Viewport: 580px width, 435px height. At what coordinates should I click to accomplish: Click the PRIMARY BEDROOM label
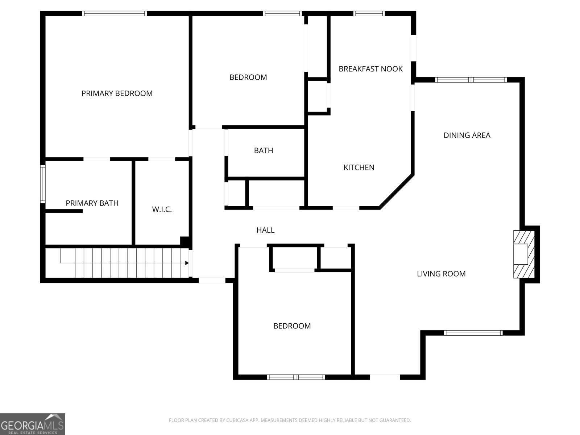[x=117, y=93]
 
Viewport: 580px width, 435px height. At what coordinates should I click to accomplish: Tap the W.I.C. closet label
[x=162, y=209]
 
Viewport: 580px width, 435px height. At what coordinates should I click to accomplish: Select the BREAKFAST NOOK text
[x=370, y=69]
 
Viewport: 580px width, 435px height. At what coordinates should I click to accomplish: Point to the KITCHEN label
[x=359, y=167]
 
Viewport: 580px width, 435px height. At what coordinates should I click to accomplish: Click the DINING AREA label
[x=467, y=135]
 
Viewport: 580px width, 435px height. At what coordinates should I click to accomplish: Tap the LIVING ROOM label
[x=441, y=274]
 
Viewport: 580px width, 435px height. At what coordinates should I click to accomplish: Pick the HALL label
[x=265, y=230]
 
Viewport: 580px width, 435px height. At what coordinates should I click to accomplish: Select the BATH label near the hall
[x=264, y=150]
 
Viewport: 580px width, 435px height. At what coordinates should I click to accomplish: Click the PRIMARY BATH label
[x=92, y=203]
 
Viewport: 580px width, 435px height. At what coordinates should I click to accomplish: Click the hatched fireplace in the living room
[x=523, y=254]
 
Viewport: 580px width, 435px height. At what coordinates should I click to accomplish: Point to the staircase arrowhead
[x=187, y=263]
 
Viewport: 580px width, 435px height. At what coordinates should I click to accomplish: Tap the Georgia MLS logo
[x=33, y=424]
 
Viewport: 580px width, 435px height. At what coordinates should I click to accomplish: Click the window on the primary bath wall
[x=43, y=183]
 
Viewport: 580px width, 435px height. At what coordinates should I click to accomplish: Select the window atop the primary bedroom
[x=115, y=14]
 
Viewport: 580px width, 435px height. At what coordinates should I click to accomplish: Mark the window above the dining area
[x=471, y=80]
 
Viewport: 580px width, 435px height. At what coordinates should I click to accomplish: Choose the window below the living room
[x=473, y=333]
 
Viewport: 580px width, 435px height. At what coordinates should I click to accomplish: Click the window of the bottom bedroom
[x=296, y=377]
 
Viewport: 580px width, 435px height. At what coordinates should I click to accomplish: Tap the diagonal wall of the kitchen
[x=396, y=191]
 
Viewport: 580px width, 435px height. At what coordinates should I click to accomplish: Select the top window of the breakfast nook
[x=369, y=14]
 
